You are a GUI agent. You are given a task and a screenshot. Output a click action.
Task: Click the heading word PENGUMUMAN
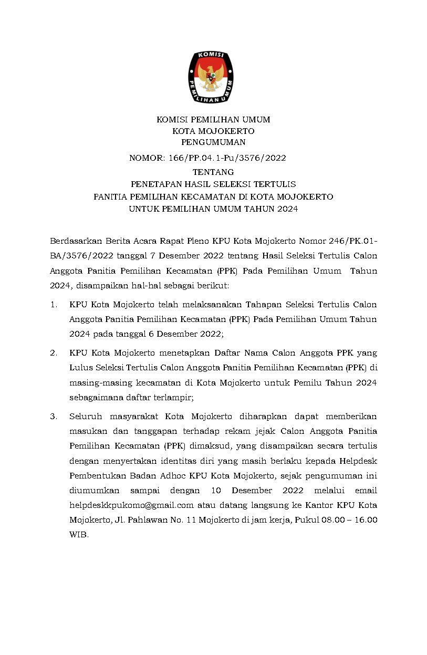click(213, 142)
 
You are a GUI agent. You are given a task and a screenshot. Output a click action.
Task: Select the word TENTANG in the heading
click(213, 172)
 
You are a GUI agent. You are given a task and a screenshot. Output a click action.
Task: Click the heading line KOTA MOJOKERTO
click(213, 131)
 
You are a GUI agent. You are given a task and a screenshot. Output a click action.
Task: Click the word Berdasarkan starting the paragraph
click(73, 241)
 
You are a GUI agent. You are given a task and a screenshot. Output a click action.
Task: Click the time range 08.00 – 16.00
click(349, 520)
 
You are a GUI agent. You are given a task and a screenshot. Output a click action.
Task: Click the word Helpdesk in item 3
click(355, 461)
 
